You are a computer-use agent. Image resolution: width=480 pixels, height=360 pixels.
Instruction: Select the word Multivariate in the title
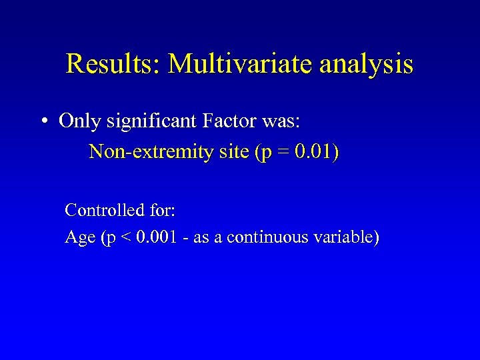tap(241, 65)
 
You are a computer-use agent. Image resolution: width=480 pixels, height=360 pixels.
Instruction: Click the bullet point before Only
tap(43, 122)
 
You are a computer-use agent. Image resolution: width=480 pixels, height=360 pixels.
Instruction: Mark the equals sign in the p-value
tap(283, 153)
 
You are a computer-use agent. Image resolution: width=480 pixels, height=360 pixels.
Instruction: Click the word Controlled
tap(105, 211)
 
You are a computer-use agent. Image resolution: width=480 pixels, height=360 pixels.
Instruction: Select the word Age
tap(80, 238)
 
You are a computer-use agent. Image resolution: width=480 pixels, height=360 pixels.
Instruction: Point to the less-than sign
tap(124, 238)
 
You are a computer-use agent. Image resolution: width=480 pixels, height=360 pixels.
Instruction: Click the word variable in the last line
tap(340, 237)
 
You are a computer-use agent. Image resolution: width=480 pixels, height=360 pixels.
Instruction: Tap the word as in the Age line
tap(201, 238)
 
